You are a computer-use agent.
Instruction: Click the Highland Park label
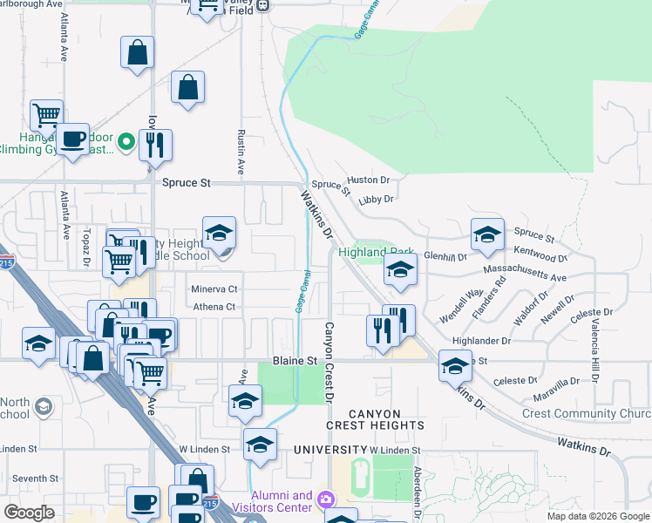pyautogui.click(x=377, y=252)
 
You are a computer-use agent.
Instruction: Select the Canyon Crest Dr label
pyautogui.click(x=329, y=362)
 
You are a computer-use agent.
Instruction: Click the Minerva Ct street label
pyautogui.click(x=214, y=289)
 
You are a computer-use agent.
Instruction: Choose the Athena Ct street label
pyautogui.click(x=214, y=307)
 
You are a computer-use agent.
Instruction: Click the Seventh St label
pyautogui.click(x=35, y=479)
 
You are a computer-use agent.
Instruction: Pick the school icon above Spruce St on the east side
pyautogui.click(x=487, y=233)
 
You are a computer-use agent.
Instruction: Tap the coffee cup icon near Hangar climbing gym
pyautogui.click(x=73, y=139)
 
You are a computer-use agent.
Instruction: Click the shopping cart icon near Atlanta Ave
pyautogui.click(x=45, y=114)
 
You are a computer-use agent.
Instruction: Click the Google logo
pyautogui.click(x=30, y=513)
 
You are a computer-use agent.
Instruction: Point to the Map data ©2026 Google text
pyautogui.click(x=597, y=516)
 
